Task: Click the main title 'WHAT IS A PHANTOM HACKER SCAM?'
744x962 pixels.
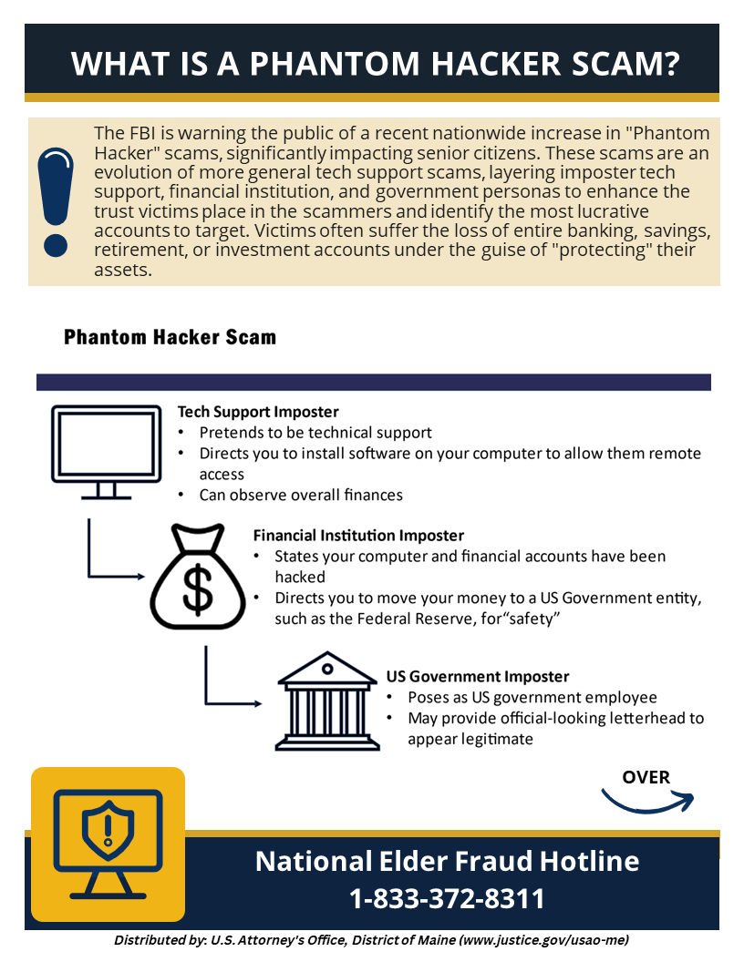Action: click(x=375, y=64)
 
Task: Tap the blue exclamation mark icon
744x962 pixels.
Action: click(x=54, y=200)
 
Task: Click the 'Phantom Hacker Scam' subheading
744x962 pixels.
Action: click(x=170, y=337)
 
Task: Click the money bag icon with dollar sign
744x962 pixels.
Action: click(x=197, y=578)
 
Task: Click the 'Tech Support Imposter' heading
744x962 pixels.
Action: click(x=258, y=412)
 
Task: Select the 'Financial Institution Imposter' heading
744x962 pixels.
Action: click(x=358, y=536)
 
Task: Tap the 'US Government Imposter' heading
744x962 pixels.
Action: click(x=478, y=677)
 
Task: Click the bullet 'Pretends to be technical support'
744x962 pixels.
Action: click(x=315, y=433)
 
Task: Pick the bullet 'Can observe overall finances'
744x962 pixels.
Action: click(x=301, y=496)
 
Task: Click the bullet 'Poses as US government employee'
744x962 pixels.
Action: click(x=532, y=698)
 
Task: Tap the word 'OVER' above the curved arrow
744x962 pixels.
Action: click(x=646, y=777)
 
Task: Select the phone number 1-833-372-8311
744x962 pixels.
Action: click(x=447, y=899)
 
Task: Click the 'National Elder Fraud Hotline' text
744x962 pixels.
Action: click(x=447, y=861)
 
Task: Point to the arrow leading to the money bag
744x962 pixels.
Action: click(x=115, y=575)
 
